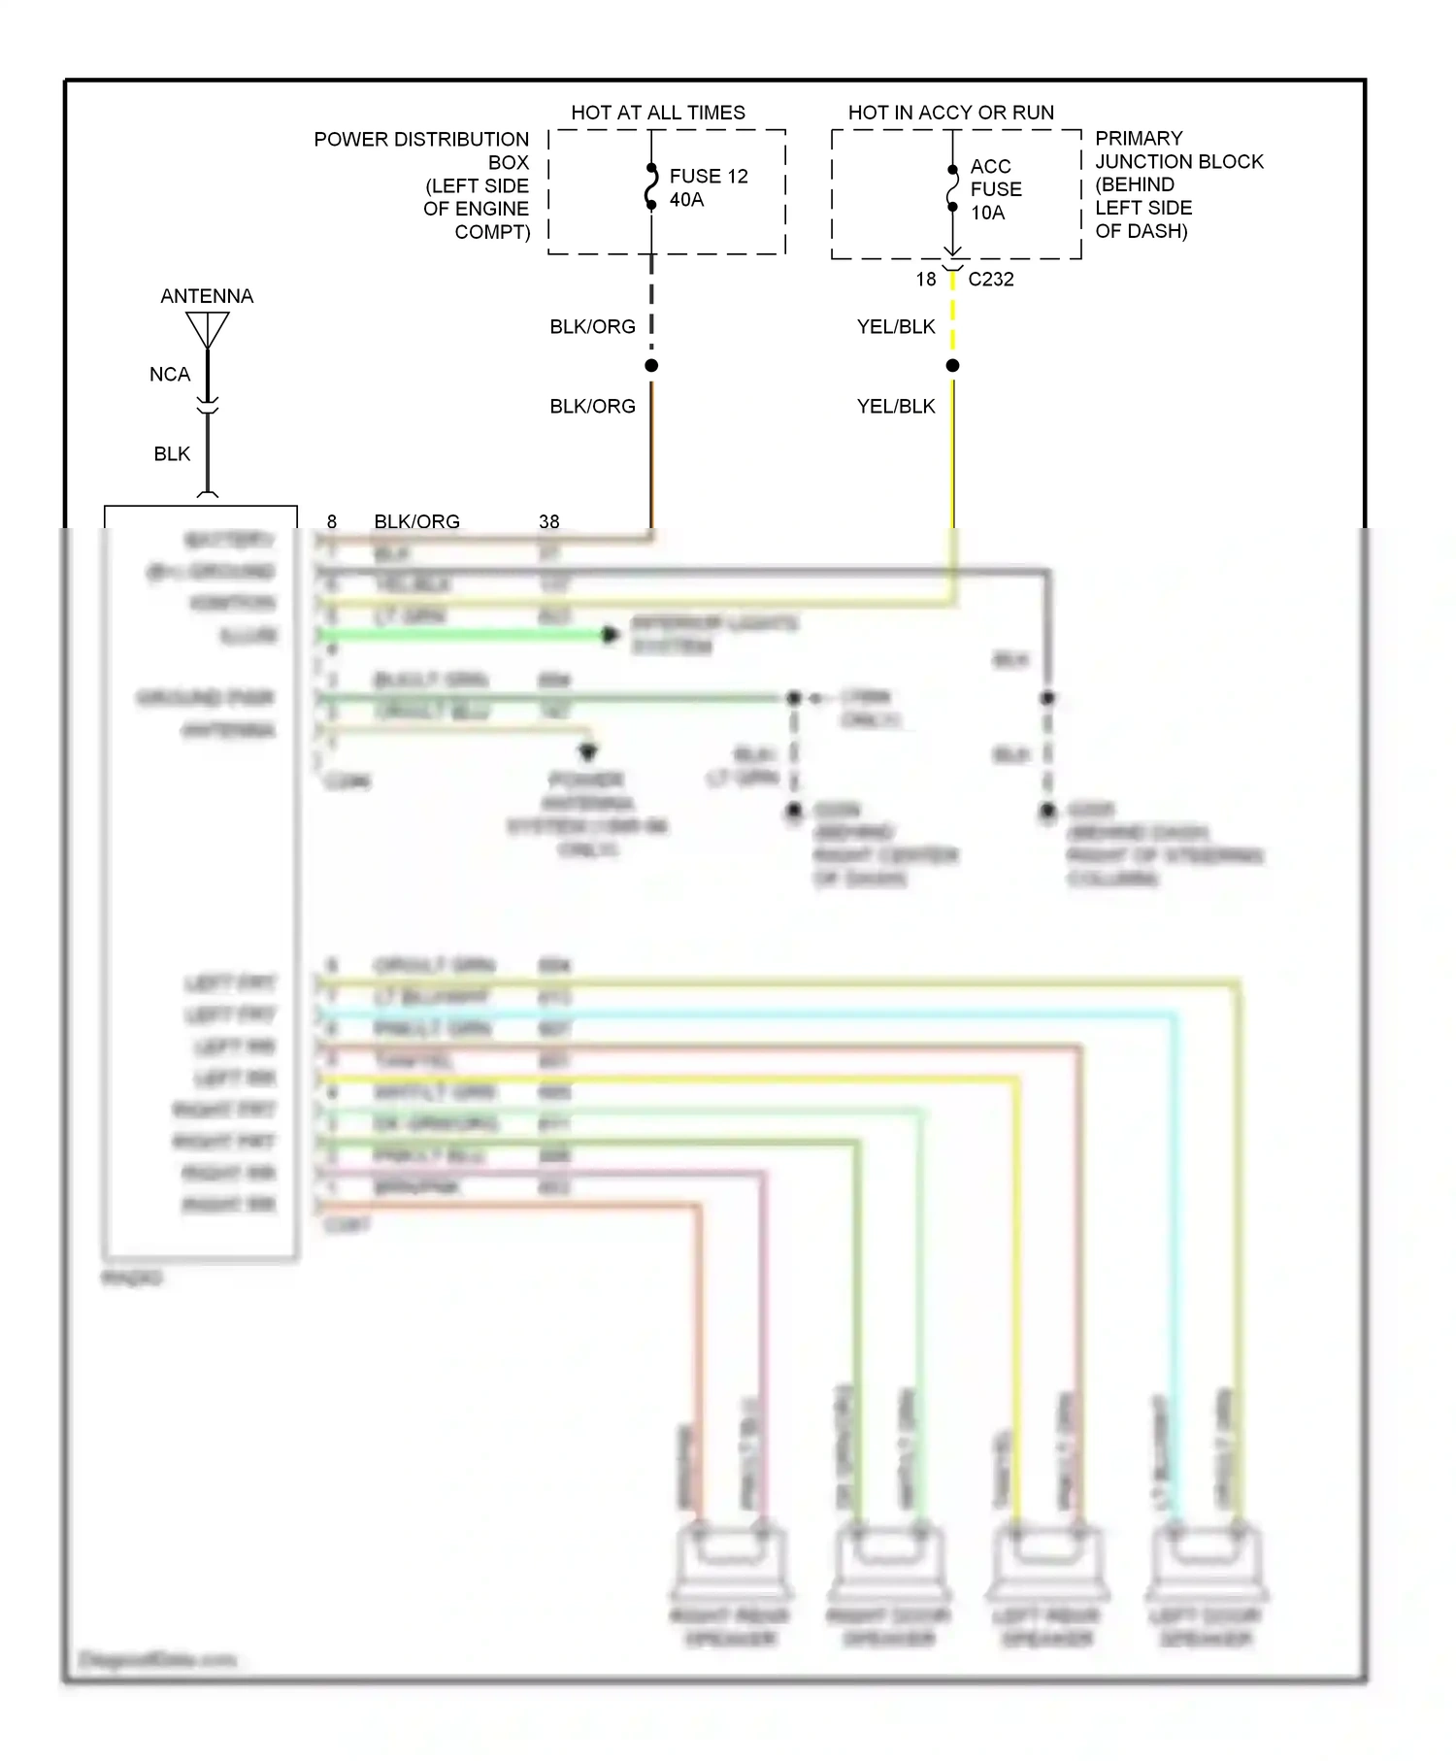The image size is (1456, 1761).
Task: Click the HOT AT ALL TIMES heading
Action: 658,113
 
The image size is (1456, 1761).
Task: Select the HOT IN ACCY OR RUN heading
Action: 950,113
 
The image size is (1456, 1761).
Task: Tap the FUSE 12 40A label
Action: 708,187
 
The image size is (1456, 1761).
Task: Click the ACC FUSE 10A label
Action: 995,189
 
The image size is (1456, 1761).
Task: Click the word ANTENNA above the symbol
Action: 207,296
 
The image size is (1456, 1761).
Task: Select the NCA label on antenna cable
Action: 170,375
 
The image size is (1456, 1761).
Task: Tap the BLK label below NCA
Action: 172,454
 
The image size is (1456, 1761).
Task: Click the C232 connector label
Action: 990,280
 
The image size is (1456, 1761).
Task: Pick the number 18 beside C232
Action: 925,280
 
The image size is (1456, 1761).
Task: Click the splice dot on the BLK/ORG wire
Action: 651,365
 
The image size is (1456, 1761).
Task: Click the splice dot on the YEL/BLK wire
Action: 952,365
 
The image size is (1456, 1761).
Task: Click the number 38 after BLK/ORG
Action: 548,522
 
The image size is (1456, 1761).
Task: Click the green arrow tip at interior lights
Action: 611,635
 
